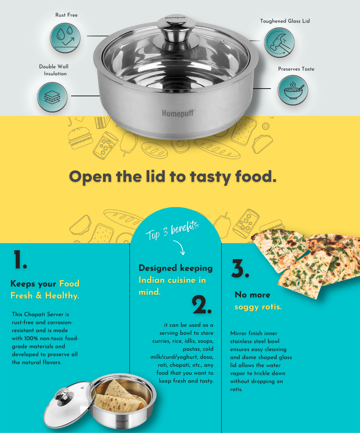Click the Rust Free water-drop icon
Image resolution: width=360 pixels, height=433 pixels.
click(x=65, y=38)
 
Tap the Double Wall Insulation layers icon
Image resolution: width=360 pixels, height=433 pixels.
click(x=52, y=97)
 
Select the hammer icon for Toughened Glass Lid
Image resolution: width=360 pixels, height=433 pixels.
click(x=279, y=43)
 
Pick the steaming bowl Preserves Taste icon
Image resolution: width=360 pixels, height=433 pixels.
click(x=293, y=90)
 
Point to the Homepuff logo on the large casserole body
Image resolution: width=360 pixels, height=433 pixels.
click(x=178, y=113)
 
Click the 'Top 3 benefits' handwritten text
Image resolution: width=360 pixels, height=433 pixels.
click(x=172, y=230)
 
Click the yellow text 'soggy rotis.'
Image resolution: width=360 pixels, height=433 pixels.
click(x=258, y=307)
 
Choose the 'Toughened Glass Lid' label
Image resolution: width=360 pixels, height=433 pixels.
click(x=285, y=21)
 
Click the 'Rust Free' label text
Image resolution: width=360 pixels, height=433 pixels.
click(x=66, y=15)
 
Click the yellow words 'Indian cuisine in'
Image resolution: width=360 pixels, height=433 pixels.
click(x=172, y=280)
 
